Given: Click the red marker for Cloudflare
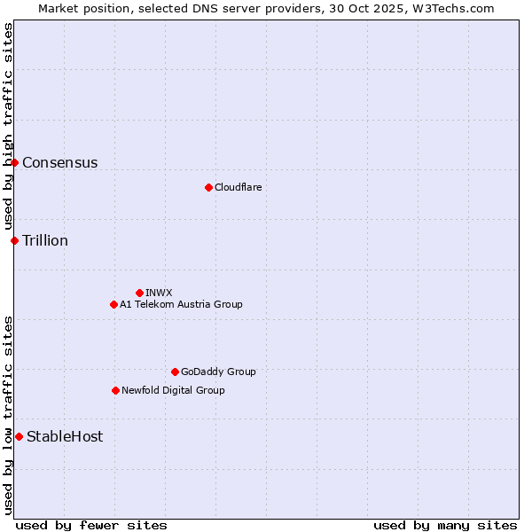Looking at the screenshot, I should pos(208,187).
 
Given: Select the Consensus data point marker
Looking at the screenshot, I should pos(14,162).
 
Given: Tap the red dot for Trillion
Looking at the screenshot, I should pos(14,240).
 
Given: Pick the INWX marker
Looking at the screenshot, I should pos(139,293).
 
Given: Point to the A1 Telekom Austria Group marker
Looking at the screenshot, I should pos(113,304).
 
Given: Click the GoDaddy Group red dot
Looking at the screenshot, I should pos(175,372).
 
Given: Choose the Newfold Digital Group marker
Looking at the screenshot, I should pos(115,390).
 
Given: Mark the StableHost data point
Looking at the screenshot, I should pos(19,436).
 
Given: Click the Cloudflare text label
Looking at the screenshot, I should pos(238,187).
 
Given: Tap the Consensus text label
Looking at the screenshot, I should pos(59,162).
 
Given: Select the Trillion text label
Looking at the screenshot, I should pos(45,240).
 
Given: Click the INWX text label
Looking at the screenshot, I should pos(159,293).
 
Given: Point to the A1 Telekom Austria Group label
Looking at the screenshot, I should pos(181,304).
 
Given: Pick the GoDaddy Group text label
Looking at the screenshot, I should pos(218,372).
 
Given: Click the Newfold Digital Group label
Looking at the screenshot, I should pos(173,390).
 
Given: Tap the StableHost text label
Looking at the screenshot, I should pos(65,436).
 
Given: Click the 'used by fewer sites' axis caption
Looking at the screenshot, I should pos(91,525).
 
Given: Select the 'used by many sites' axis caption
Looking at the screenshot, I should pos(445,525).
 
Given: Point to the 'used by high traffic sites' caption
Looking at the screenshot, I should pos(8,127).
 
